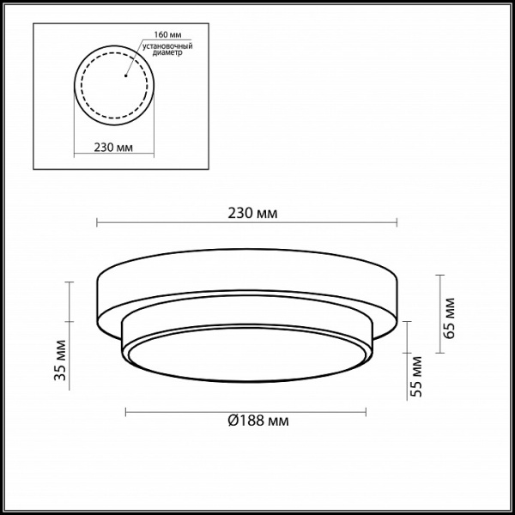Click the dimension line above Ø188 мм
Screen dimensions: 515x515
pyautogui.click(x=172, y=410)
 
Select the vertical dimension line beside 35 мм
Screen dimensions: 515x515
pyautogui.click(x=70, y=335)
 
